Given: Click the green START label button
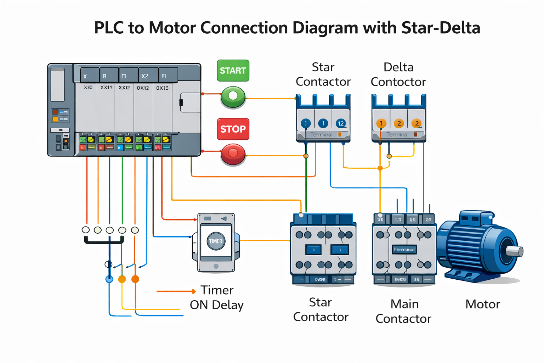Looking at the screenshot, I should coord(233,71).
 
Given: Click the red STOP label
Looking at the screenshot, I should coord(233,129).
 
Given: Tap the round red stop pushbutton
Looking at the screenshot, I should coord(233,154).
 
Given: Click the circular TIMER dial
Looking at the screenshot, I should coord(215,241).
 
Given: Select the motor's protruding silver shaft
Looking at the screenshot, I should coord(515,251).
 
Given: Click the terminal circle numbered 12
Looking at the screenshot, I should coord(340,123).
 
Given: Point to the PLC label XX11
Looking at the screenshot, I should coord(106,88).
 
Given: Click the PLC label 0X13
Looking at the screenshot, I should coord(162,88).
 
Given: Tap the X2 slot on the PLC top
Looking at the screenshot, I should coord(144,76).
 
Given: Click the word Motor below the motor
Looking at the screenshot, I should coord(482,304).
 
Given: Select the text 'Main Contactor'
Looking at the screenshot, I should coord(403,311).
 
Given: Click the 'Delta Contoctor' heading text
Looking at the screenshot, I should coord(398,74).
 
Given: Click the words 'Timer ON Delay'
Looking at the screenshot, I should coord(217,297).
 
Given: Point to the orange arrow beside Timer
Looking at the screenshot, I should coord(176,291).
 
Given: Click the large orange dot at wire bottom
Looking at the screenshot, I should coord(135,279).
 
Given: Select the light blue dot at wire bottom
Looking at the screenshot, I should coord(109,279).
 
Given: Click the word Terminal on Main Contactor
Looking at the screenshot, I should coord(404,250).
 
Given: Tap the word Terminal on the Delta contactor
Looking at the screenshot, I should coord(397,135).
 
